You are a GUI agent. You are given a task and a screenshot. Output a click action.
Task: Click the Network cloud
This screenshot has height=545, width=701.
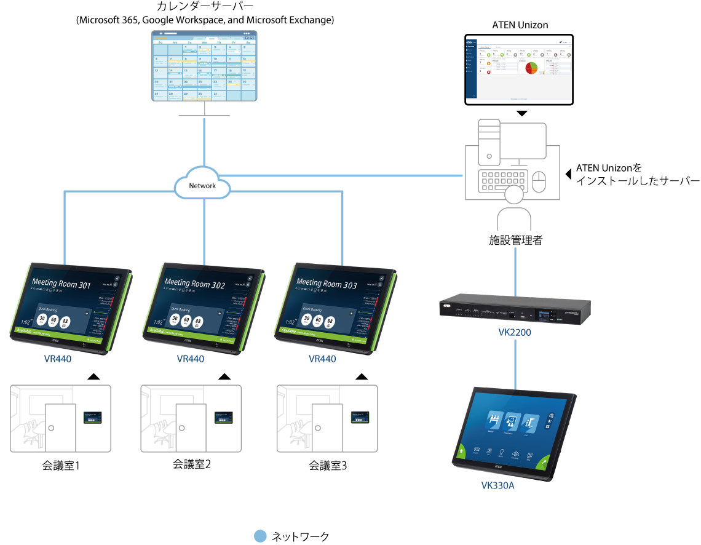point(202,185)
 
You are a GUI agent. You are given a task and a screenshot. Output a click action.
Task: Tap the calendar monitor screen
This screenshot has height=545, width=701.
point(205,66)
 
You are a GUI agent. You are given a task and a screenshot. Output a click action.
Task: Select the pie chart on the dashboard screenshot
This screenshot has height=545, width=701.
point(531,68)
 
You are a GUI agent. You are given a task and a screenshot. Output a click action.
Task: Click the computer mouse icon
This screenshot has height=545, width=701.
point(539,182)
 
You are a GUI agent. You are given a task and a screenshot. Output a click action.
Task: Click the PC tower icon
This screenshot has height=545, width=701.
point(489,141)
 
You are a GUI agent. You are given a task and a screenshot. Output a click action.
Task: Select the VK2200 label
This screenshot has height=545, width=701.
point(515,333)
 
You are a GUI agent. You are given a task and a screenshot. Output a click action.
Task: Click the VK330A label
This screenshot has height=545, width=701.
point(497,486)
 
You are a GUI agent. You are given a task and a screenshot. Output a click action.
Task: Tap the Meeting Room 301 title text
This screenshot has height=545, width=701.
point(61,284)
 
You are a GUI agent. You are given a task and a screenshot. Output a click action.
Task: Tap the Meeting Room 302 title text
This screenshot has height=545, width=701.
point(194,284)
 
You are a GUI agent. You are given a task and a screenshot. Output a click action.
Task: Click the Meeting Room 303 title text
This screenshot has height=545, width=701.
point(327,284)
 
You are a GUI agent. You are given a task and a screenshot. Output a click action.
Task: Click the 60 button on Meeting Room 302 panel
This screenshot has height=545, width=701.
point(186,320)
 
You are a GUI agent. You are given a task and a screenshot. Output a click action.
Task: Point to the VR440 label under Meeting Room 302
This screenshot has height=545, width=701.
point(190,359)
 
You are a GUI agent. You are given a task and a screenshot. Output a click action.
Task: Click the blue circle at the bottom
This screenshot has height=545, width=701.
point(260,536)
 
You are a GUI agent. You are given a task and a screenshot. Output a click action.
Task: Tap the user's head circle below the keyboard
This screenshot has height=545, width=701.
point(514,195)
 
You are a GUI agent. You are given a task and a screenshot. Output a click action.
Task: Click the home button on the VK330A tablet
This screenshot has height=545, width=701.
point(461,450)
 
